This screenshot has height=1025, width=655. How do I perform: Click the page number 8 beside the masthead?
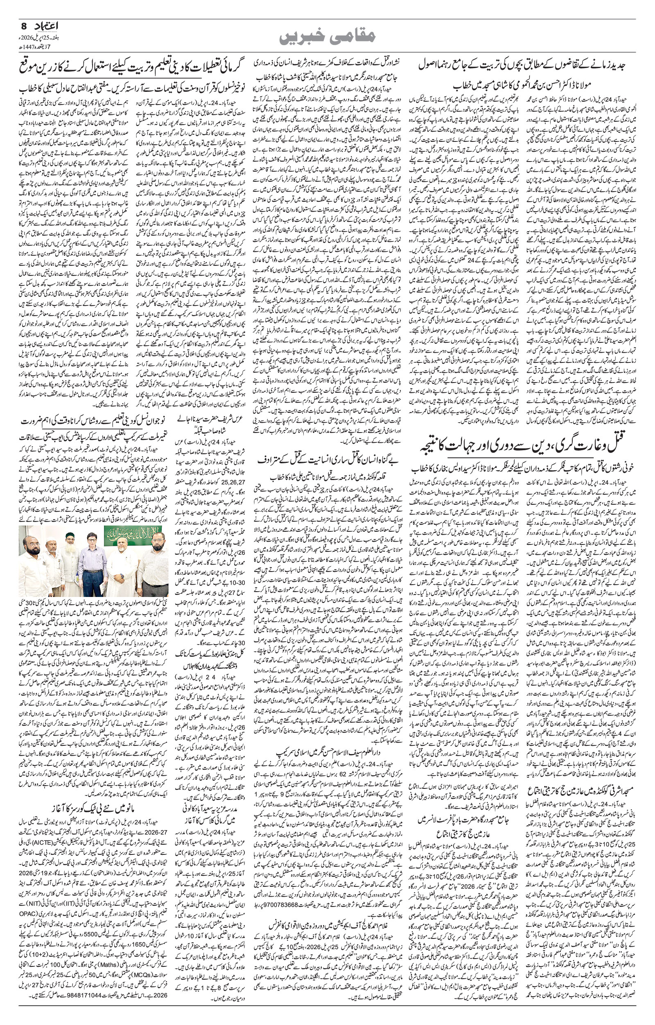(23, 26)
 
